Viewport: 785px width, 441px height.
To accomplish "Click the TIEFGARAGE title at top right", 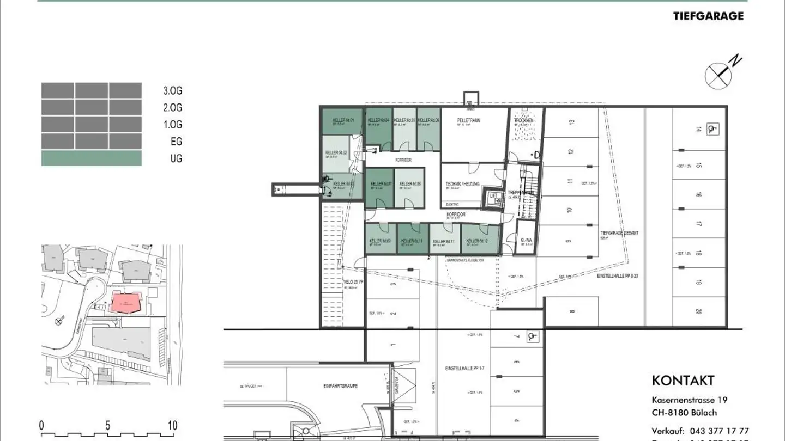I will (708, 16).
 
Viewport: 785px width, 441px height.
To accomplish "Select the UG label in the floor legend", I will (176, 158).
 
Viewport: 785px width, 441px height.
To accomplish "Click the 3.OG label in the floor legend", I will (172, 91).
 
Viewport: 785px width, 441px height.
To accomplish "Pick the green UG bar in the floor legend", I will (92, 158).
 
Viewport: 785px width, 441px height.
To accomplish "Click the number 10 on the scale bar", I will (172, 425).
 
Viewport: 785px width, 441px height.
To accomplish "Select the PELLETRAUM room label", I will (468, 120).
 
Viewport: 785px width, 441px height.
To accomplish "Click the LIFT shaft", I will (493, 197).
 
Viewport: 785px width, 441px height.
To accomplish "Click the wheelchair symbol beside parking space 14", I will (711, 129).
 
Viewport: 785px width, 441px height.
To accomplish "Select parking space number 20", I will (698, 312).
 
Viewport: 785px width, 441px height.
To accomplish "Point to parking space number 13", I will (572, 122).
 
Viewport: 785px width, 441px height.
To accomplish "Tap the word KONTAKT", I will (683, 381).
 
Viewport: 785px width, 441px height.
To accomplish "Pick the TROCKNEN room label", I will (523, 120).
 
